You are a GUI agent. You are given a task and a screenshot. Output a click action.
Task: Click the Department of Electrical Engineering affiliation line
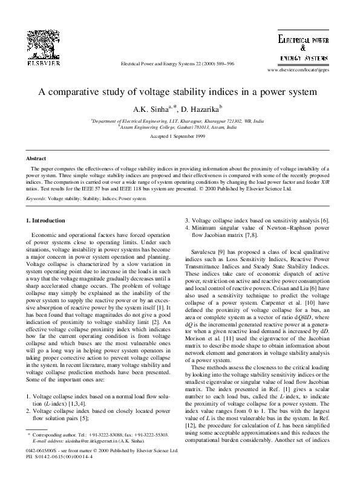(x=179, y=122)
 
